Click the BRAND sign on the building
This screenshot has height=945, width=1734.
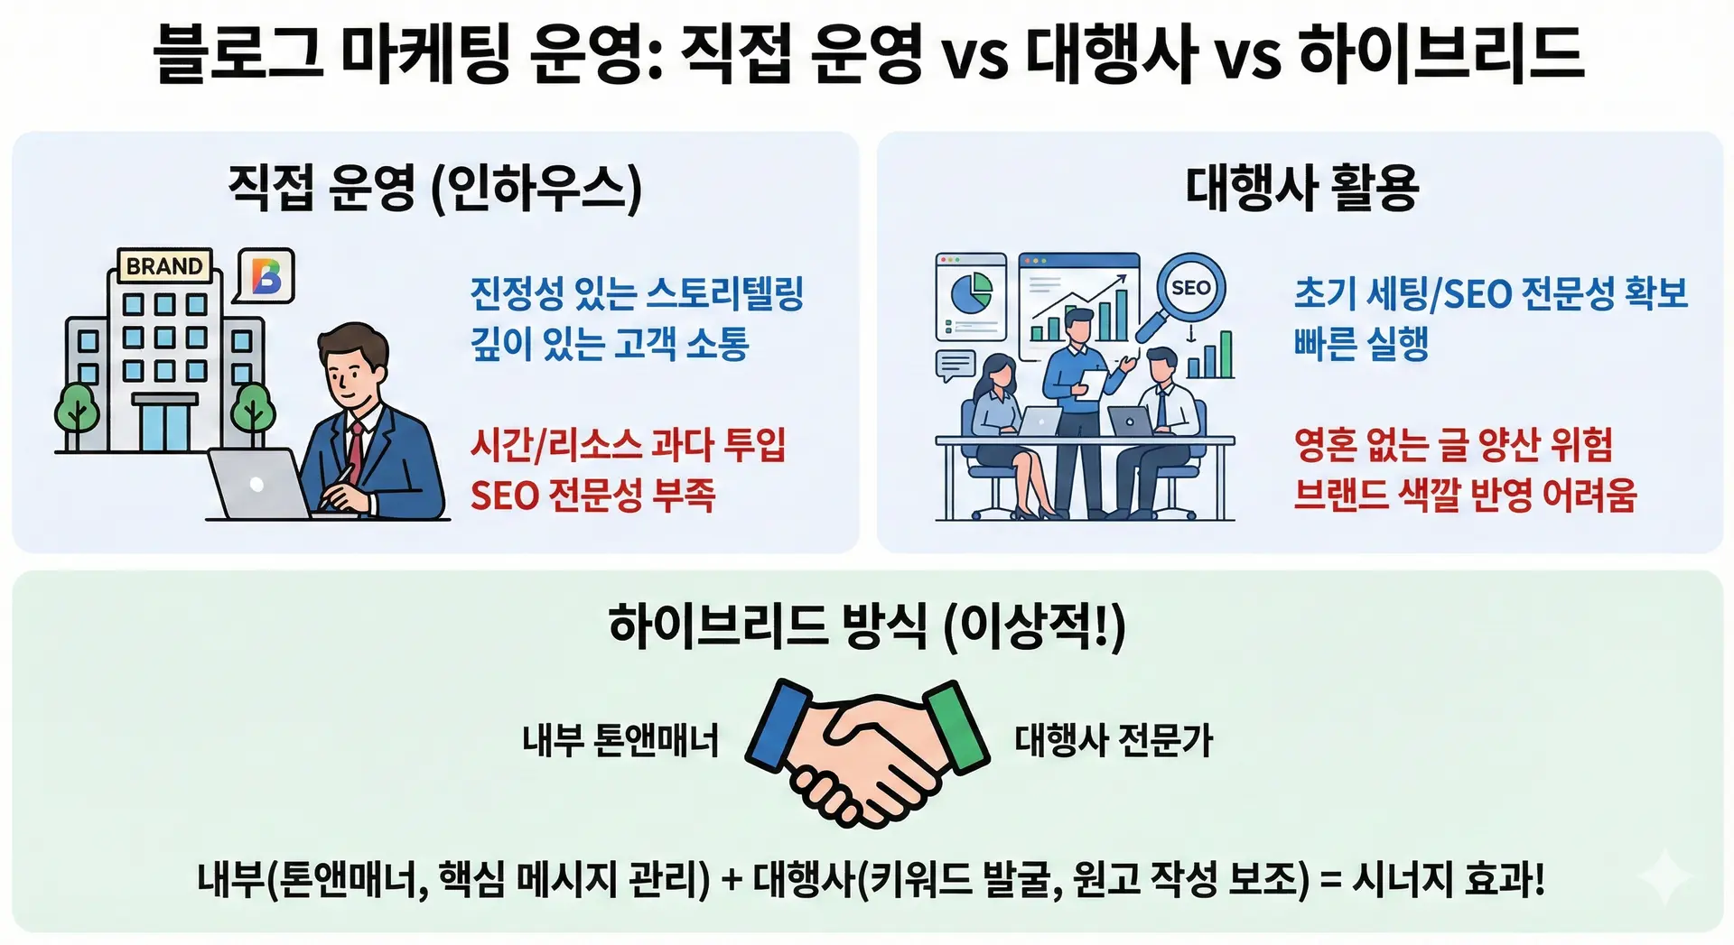(x=165, y=266)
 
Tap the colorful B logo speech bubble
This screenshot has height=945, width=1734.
(x=265, y=276)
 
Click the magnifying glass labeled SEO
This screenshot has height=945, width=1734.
(x=1186, y=293)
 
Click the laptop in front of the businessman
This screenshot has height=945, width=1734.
(x=260, y=485)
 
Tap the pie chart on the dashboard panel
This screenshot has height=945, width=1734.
(x=971, y=292)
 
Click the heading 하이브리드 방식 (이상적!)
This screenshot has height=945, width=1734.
(x=867, y=626)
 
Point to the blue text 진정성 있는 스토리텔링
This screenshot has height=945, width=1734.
(x=637, y=293)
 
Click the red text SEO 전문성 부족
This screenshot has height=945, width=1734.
(x=593, y=495)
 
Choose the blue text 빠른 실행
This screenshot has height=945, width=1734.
(x=1361, y=343)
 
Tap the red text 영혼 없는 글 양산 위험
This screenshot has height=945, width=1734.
(x=1453, y=444)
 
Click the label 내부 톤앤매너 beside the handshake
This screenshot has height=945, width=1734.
(x=620, y=740)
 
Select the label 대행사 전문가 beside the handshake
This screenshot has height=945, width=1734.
(x=1114, y=740)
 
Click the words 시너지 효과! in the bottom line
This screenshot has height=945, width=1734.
(x=1448, y=879)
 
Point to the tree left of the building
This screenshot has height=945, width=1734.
(x=77, y=414)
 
